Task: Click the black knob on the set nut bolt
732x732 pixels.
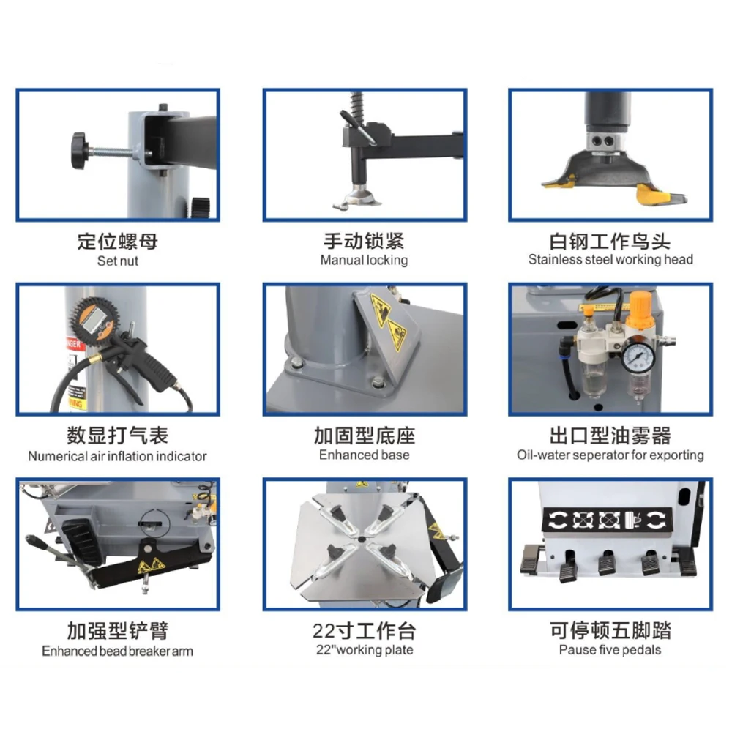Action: coord(79,150)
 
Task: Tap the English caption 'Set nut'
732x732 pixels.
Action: coord(118,261)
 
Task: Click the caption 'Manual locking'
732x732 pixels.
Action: coord(364,260)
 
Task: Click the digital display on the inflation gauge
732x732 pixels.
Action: coord(94,320)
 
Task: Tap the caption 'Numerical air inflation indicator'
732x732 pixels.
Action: coord(117,456)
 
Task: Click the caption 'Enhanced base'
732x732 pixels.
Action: coord(364,455)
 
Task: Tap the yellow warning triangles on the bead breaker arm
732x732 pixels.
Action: coord(151,566)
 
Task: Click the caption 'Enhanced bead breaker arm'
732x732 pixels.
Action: coord(117,651)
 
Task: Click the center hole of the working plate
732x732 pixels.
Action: coord(362,539)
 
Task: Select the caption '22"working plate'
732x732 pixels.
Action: coord(364,650)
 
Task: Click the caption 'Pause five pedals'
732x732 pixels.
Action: coord(610,650)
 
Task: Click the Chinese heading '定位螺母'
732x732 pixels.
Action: coord(118,242)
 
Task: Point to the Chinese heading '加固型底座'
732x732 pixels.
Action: coord(364,436)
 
